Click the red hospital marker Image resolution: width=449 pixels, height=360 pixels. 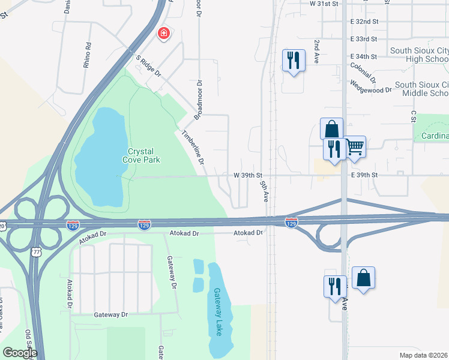click(x=163, y=34)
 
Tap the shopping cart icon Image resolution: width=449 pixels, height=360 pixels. click(x=355, y=145)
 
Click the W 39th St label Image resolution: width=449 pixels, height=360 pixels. click(x=249, y=175)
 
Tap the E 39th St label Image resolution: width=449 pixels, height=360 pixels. click(x=366, y=175)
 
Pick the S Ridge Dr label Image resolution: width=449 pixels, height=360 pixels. click(x=149, y=65)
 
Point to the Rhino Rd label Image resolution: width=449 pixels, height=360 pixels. click(x=88, y=55)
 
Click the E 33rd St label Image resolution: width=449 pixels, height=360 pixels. click(x=364, y=38)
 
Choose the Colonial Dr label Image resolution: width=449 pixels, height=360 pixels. click(x=364, y=72)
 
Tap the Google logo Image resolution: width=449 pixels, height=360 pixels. click(x=20, y=352)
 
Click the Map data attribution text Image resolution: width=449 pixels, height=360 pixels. click(x=424, y=355)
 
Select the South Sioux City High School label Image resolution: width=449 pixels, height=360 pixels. click(x=419, y=55)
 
